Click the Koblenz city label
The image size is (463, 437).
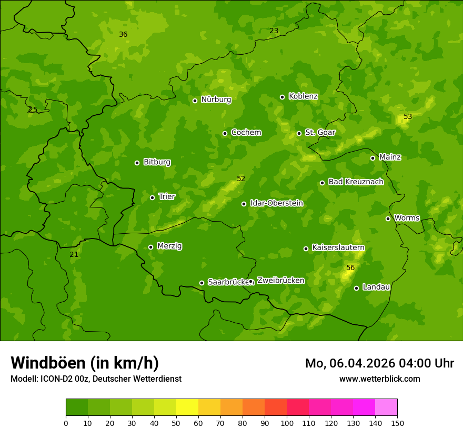coord(303,96)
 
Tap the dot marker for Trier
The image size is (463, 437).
coord(153,197)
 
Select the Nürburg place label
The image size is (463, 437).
coord(216,100)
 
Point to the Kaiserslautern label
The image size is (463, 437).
coord(338,247)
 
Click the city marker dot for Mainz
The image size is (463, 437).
coord(373,158)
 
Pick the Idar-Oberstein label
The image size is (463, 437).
coord(276,203)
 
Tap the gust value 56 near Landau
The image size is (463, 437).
coord(350,268)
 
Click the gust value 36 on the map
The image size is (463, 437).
coord(123,34)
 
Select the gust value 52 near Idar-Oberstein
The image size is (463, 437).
coord(241,178)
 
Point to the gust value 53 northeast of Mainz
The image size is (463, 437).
coord(408,116)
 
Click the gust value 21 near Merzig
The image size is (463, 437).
coord(74,254)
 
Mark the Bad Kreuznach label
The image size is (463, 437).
coord(356,182)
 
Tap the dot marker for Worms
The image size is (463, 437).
coord(388,219)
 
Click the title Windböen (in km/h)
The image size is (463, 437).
coord(85,363)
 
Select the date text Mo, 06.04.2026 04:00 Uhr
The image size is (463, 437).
coord(379,363)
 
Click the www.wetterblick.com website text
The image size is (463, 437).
coord(379,379)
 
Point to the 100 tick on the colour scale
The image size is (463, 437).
coord(287,423)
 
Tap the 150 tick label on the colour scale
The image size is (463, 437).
coord(397,423)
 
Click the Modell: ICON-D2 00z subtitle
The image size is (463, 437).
coord(96,379)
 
